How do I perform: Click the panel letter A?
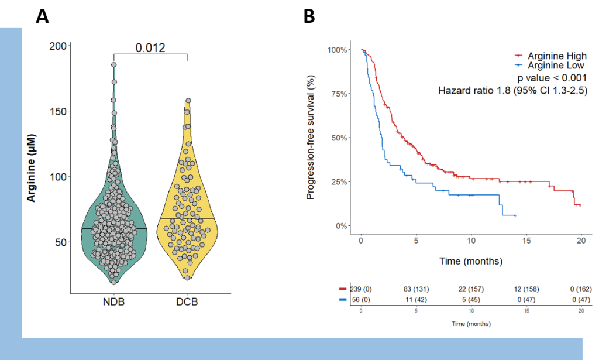[42, 16]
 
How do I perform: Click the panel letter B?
[309, 16]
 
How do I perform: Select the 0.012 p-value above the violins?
[150, 48]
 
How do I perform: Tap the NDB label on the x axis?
[113, 303]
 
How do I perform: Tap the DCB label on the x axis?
[187, 303]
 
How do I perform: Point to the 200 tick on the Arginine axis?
[57, 46]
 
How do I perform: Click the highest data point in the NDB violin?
[114, 65]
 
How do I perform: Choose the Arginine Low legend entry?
[555, 66]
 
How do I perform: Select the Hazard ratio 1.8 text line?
[512, 90]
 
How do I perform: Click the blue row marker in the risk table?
[343, 299]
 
